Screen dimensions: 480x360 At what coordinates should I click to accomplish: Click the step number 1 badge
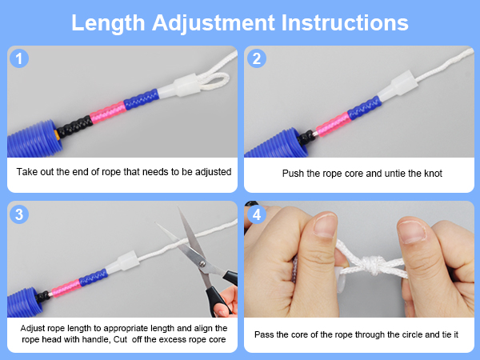[x=19, y=58]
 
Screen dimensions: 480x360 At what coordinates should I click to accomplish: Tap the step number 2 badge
[x=257, y=58]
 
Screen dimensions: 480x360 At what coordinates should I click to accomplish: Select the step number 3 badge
[x=19, y=214]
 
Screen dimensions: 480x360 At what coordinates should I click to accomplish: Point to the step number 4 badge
[x=257, y=214]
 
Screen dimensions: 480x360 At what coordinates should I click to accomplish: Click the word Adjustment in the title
[x=214, y=23]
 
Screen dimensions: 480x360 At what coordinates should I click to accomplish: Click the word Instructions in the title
[x=345, y=22]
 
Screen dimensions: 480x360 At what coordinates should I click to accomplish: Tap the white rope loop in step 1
[x=214, y=80]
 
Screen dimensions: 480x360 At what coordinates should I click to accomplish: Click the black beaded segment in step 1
[x=74, y=126]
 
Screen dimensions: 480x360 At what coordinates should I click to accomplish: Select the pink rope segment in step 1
[x=108, y=112]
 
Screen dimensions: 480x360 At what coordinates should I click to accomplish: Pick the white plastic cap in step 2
[x=397, y=85]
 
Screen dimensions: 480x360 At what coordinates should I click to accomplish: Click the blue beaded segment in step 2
[x=364, y=108]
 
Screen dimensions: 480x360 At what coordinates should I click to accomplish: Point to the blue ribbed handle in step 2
[x=277, y=143]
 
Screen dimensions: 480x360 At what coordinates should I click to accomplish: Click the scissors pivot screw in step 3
[x=202, y=263]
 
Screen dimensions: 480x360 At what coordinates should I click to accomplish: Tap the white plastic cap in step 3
[x=122, y=262]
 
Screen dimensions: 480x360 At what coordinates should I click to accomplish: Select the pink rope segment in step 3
[x=66, y=288]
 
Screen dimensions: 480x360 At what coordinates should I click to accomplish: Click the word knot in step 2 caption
[x=433, y=174]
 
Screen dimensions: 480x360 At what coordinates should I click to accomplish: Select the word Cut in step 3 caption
[x=120, y=339]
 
